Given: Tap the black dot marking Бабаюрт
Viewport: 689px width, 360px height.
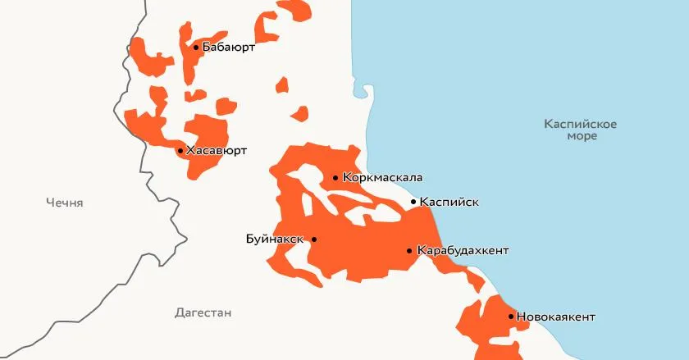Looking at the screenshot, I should pyautogui.click(x=196, y=48).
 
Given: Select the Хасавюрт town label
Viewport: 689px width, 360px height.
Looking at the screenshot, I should pyautogui.click(x=217, y=151).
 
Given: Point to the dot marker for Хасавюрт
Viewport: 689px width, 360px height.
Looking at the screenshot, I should pyautogui.click(x=180, y=151).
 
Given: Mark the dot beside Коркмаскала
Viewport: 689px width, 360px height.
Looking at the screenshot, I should pyautogui.click(x=335, y=178).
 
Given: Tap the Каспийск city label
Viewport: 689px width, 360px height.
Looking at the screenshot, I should pyautogui.click(x=449, y=202).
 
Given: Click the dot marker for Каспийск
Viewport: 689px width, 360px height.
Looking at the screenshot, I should pyautogui.click(x=413, y=202).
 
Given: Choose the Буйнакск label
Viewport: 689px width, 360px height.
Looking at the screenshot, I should pyautogui.click(x=275, y=239).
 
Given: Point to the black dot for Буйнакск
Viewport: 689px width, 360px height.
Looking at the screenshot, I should pyautogui.click(x=314, y=239).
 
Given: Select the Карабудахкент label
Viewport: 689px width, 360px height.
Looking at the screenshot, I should pyautogui.click(x=463, y=250).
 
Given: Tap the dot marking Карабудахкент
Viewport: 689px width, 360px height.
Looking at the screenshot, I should pyautogui.click(x=409, y=250).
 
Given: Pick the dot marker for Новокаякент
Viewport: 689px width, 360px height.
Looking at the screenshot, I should pyautogui.click(x=511, y=317).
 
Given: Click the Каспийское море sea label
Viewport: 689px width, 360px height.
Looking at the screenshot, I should pyautogui.click(x=581, y=130).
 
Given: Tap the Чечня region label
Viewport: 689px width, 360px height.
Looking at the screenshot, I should pyautogui.click(x=65, y=203).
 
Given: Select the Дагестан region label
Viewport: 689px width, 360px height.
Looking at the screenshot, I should pyautogui.click(x=203, y=312).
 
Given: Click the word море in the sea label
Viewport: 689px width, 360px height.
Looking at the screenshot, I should pyautogui.click(x=582, y=136).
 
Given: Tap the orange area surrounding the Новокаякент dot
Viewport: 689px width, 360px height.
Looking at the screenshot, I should pyautogui.click(x=492, y=328).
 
